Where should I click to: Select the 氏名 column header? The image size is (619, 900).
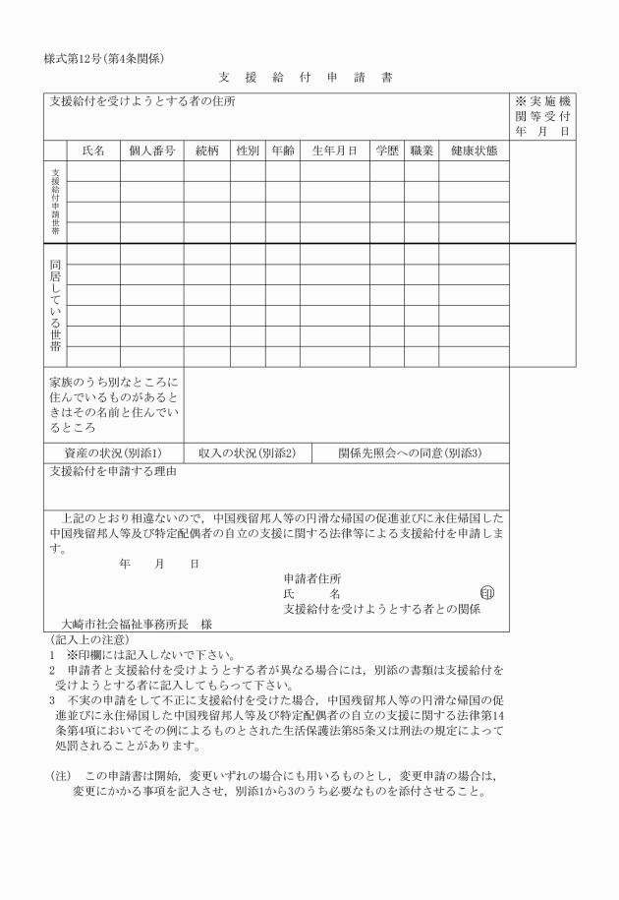pos(93,151)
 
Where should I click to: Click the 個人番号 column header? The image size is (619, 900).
pos(152,151)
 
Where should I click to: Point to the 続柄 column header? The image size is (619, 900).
pos(207,151)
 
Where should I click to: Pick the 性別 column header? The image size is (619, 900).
pos(248,151)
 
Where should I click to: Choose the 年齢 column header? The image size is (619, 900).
pos(283,151)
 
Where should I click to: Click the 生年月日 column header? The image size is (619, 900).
pos(335,151)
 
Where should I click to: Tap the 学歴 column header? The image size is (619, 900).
pos(387,151)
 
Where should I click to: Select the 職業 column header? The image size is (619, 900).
pos(422,151)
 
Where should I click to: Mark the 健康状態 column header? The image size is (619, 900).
pos(475,151)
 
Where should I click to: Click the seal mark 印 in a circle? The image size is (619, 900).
pos(488,592)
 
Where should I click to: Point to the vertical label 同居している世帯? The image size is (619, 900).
pos(55,305)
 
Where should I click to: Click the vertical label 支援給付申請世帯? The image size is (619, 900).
pos(55,202)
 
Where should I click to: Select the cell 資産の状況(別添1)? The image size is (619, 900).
pos(114,452)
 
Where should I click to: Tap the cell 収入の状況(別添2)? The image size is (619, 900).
pos(247,452)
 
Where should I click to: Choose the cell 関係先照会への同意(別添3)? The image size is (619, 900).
pos(410,452)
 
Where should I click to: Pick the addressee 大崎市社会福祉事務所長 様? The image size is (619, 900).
pos(136,624)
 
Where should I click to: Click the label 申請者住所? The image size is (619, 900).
pos(312,578)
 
